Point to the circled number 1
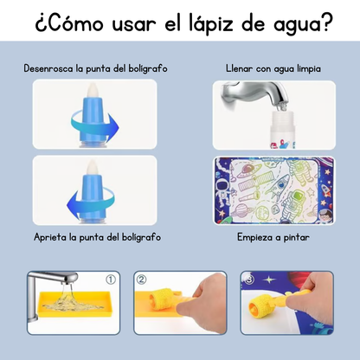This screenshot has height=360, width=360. pyautogui.click(x=109, y=280)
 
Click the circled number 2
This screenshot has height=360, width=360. pyautogui.click(x=141, y=280)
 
